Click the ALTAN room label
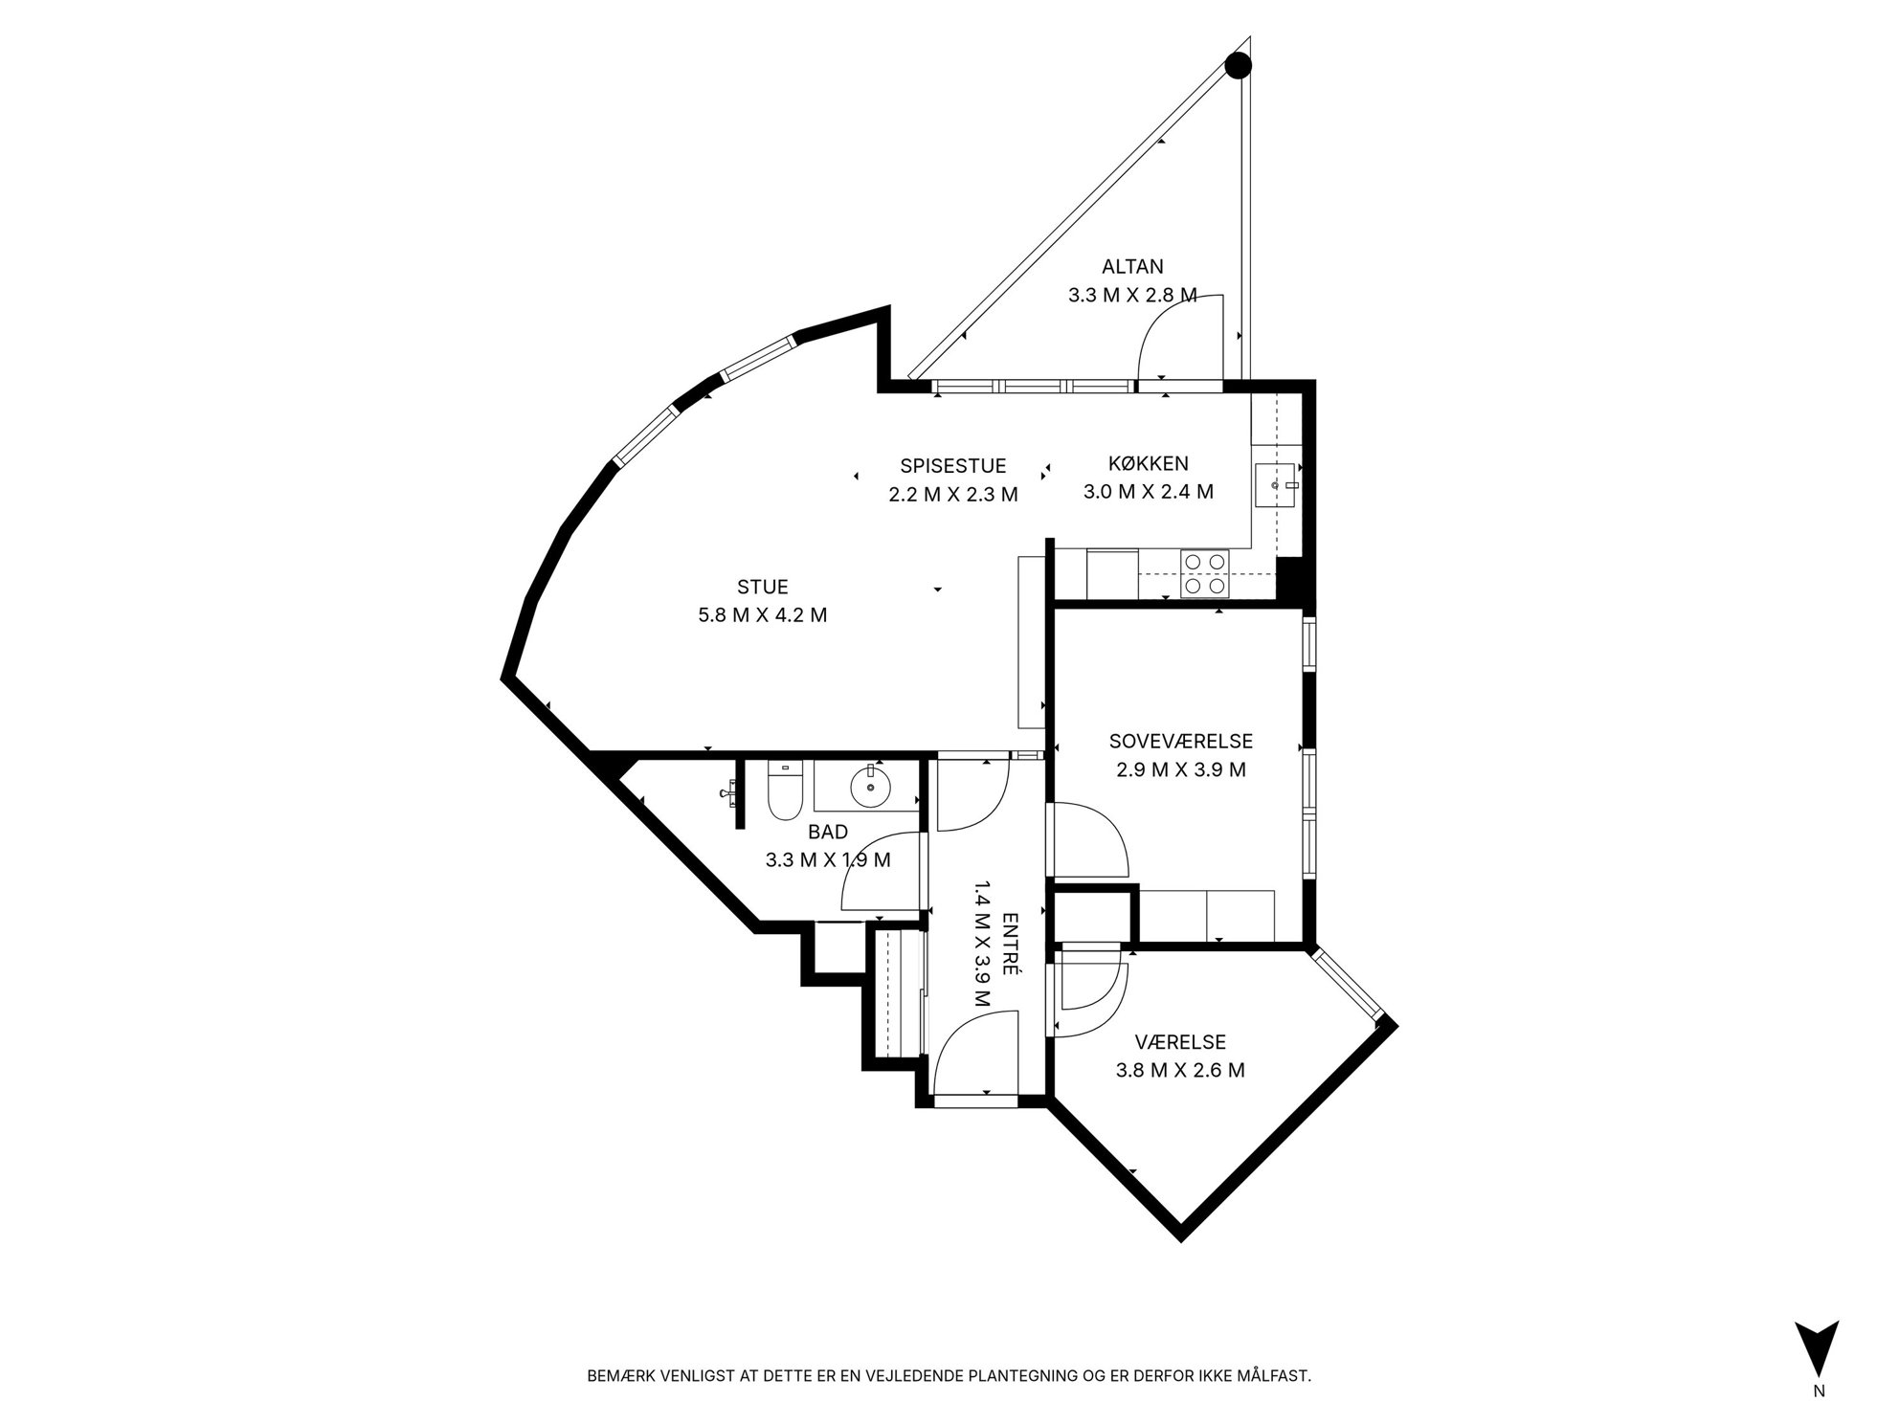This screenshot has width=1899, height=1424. [1132, 267]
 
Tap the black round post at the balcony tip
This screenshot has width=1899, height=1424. [1239, 64]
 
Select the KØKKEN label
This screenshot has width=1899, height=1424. [1148, 464]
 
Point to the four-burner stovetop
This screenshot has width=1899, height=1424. [1204, 573]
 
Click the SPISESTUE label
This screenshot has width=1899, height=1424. [952, 466]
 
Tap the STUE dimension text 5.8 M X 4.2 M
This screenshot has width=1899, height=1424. [763, 615]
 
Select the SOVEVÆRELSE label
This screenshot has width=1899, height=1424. [1180, 741]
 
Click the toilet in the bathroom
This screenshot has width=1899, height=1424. [784, 791]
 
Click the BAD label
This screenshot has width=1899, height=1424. [827, 833]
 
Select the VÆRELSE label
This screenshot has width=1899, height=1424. [1180, 1042]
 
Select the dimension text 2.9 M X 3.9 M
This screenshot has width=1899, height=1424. [1181, 769]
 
